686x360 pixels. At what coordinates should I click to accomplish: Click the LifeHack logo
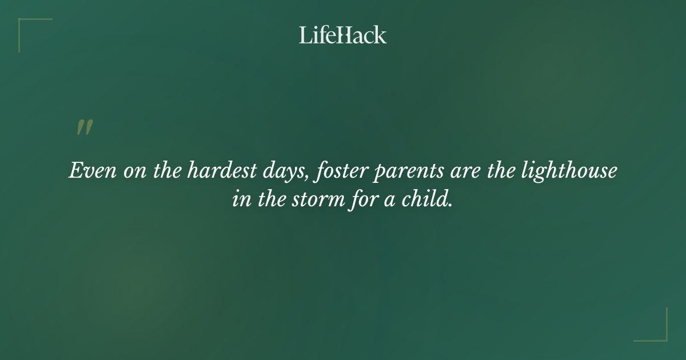click(x=343, y=35)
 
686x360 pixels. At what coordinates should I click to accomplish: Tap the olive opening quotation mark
click(x=85, y=127)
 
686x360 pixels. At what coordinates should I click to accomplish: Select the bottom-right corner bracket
click(x=657, y=331)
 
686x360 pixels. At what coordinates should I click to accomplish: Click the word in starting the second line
click(x=240, y=200)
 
